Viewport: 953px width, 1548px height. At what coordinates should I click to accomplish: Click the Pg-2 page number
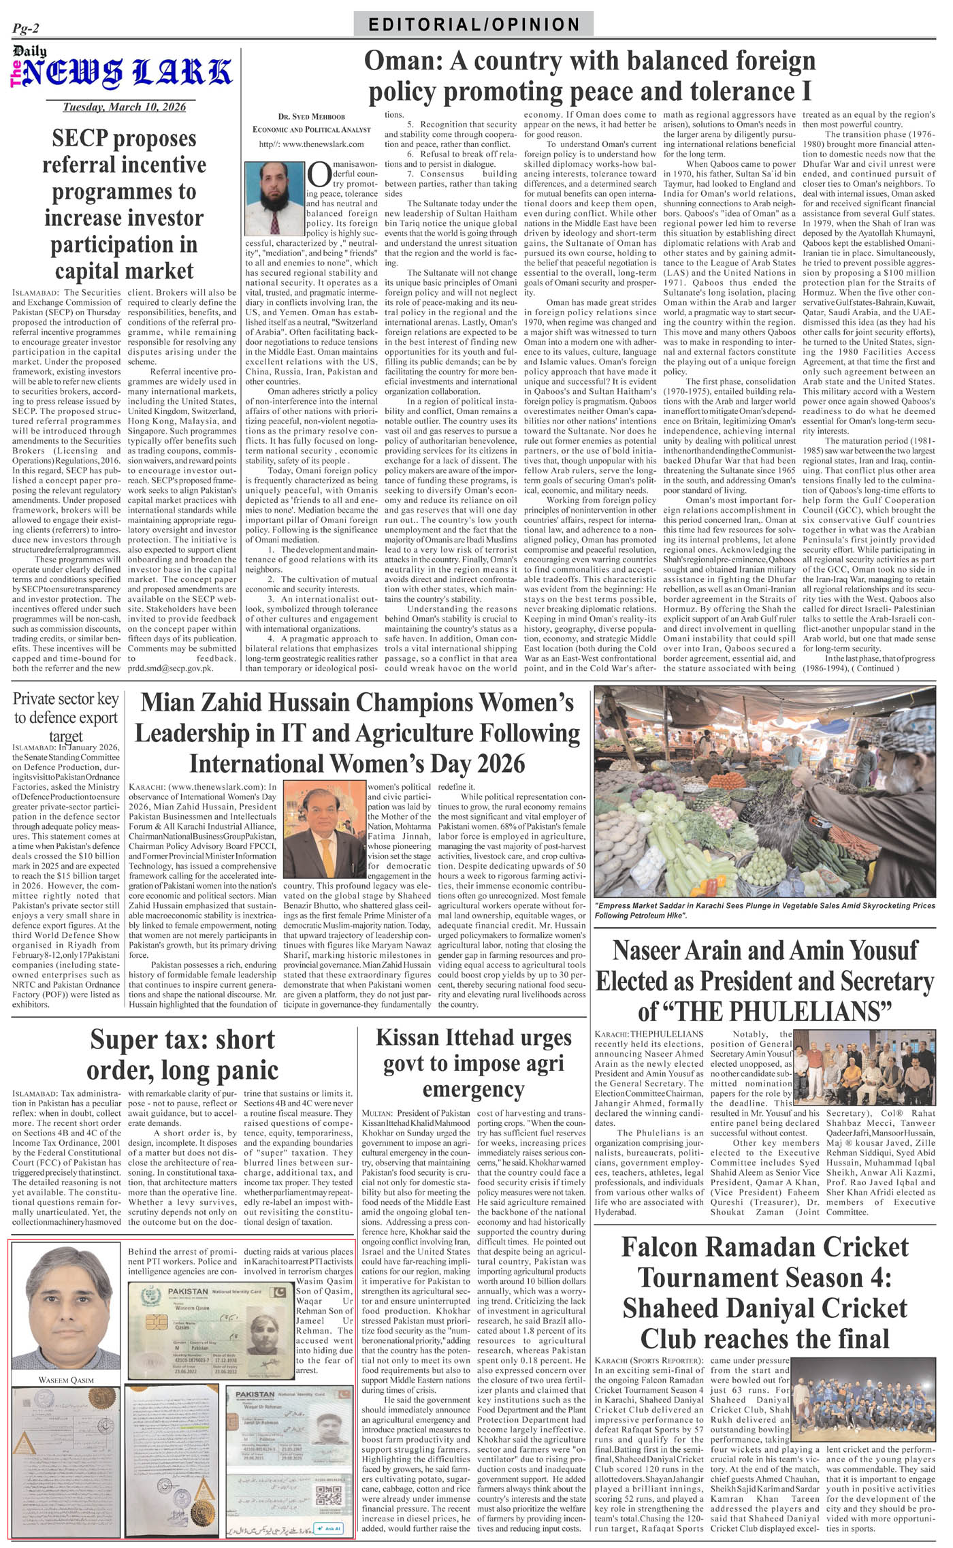(x=26, y=28)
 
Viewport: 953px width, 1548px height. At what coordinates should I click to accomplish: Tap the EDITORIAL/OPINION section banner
(x=474, y=25)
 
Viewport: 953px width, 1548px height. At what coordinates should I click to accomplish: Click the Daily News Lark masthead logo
(x=123, y=71)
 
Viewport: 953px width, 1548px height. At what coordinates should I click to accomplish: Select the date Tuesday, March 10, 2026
(x=124, y=107)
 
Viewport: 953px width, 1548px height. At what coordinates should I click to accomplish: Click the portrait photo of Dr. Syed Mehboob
(x=274, y=189)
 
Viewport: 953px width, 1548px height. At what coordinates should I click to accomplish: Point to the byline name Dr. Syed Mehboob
(x=311, y=116)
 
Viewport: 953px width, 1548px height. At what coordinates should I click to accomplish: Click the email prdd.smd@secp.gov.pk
(x=171, y=668)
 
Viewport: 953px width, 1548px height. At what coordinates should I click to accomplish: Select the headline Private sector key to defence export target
(x=65, y=717)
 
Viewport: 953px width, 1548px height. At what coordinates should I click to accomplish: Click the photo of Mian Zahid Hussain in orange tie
(x=324, y=828)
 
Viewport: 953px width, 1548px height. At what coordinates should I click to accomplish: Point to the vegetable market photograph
(x=764, y=791)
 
